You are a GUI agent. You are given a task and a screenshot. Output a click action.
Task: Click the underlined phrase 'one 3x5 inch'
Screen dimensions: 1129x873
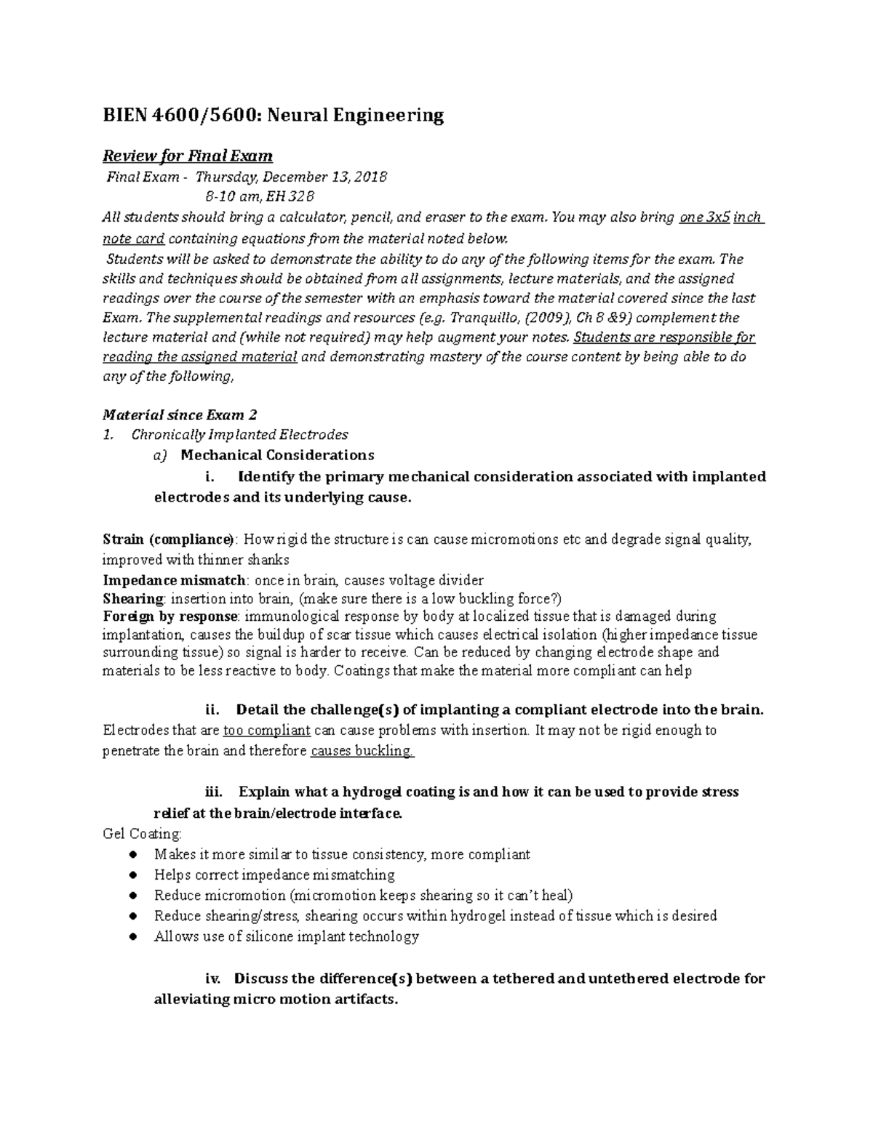tap(720, 217)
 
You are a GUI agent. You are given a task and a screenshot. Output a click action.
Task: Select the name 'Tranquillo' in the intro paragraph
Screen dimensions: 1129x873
tap(487, 318)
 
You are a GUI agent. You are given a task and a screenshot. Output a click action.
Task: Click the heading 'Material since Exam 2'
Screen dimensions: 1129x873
tap(180, 414)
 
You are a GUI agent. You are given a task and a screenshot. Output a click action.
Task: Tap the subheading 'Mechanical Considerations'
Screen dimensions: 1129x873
tap(277, 455)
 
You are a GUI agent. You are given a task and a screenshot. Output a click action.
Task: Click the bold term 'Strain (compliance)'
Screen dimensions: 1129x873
tap(169, 539)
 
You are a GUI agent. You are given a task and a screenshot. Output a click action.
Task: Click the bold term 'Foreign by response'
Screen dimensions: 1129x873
tap(170, 616)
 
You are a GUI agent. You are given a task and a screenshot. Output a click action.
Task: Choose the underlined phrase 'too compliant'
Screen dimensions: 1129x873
tap(267, 731)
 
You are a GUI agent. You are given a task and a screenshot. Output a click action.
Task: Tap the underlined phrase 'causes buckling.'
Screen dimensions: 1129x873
tap(362, 751)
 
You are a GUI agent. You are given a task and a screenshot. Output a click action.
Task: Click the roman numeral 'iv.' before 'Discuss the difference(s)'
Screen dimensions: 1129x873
tap(217, 979)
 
